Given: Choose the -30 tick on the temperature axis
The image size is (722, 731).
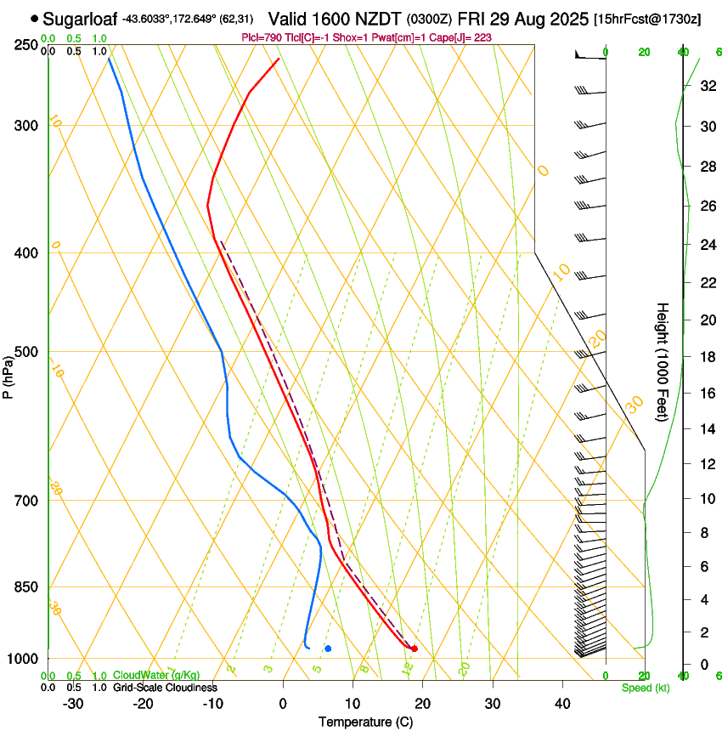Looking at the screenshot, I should pyautogui.click(x=73, y=703).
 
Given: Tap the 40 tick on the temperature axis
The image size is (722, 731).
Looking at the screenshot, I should pyautogui.click(x=562, y=703).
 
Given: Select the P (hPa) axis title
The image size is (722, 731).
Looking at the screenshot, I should pyautogui.click(x=8, y=376).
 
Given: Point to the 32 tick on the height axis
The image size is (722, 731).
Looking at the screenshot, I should pyautogui.click(x=706, y=86).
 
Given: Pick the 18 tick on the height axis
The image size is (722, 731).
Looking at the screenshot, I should pyautogui.click(x=706, y=357).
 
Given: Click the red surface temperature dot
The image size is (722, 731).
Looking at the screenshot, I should pyautogui.click(x=414, y=649).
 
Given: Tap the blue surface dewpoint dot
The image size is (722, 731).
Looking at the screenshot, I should pyautogui.click(x=328, y=649).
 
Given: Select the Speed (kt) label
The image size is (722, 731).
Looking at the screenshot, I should pyautogui.click(x=645, y=688).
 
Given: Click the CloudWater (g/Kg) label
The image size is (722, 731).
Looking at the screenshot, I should pyautogui.click(x=156, y=676).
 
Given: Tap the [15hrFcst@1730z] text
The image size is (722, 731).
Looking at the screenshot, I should pyautogui.click(x=647, y=19).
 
